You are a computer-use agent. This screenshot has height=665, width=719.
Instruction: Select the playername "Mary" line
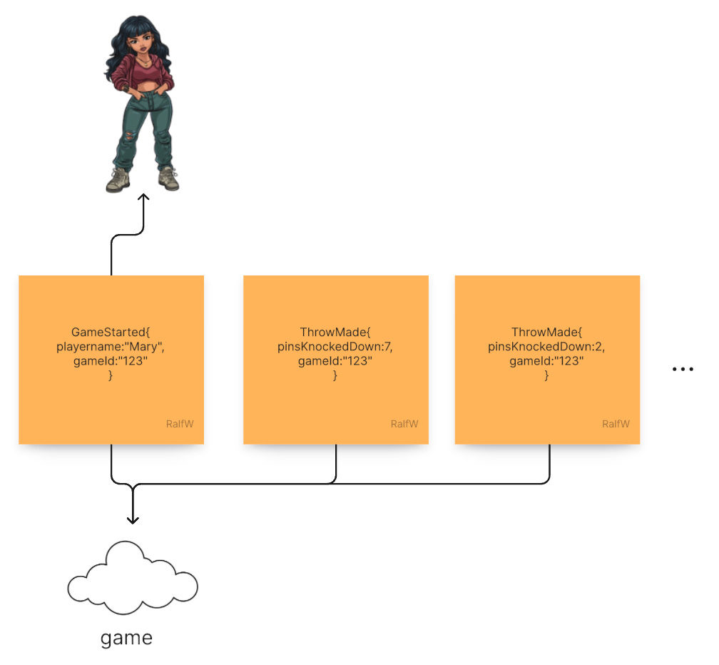point(111,347)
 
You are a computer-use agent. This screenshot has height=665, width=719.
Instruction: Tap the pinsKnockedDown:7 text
point(335,347)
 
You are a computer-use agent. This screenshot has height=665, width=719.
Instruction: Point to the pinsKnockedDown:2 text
point(546,347)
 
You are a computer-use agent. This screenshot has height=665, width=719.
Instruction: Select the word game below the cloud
point(126,637)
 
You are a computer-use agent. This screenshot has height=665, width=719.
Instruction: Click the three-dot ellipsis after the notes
point(683,369)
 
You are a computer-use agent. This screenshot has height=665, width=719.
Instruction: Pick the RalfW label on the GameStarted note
point(179,424)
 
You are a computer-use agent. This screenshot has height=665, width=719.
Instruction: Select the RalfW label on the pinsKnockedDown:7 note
point(404,424)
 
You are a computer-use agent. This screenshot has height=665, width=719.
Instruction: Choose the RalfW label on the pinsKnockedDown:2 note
point(616,424)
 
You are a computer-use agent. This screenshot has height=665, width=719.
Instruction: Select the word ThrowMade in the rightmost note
point(546,332)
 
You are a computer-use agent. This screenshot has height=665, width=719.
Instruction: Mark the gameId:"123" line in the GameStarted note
point(111,361)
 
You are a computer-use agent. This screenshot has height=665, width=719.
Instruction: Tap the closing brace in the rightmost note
point(546,375)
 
